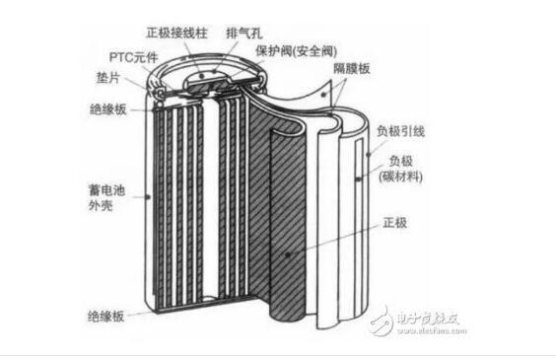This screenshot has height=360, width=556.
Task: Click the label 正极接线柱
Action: coord(176,33)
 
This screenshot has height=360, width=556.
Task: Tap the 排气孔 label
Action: coord(244,33)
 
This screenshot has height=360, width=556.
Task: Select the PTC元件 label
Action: coord(133,57)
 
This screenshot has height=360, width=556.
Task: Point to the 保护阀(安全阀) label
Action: coord(296,51)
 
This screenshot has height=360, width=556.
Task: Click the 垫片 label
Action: coord(107,78)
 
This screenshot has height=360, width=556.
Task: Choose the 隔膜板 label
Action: coord(351,68)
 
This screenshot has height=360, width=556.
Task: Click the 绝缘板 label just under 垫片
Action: coord(108,109)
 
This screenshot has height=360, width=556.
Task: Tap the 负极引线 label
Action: coord(400,131)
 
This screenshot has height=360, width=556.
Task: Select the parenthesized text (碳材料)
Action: coord(400,177)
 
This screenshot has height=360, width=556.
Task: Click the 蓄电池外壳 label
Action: coord(106,198)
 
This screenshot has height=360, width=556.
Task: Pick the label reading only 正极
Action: coord(395,223)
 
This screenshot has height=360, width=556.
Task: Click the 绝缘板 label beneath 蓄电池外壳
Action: coord(106,316)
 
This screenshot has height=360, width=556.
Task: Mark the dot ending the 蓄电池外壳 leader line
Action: coord(149,196)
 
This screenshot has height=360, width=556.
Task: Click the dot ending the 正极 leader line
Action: coord(288,254)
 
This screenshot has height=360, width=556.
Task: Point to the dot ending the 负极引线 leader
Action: coord(369,155)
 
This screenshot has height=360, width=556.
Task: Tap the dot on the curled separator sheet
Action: coord(323,95)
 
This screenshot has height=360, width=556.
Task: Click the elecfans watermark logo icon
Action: coord(382,322)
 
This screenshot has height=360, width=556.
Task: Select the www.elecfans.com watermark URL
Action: coord(432,330)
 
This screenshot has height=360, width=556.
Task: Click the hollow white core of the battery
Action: coord(211,198)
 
